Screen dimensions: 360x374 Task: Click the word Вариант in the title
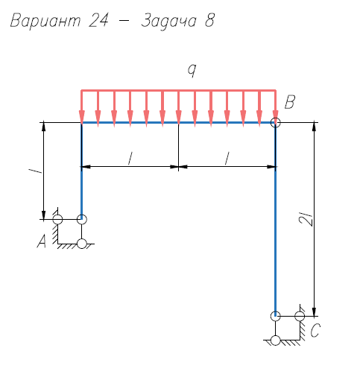(45, 20)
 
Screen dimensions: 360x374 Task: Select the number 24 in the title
(98, 20)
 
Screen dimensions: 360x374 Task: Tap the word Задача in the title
(168, 21)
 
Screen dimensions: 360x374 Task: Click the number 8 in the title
(209, 20)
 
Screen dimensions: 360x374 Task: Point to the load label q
(192, 70)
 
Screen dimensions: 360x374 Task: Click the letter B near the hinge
(290, 102)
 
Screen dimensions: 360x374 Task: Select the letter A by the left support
(42, 241)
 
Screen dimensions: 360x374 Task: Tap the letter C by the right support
(315, 330)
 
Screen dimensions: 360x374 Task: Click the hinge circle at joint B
(275, 122)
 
